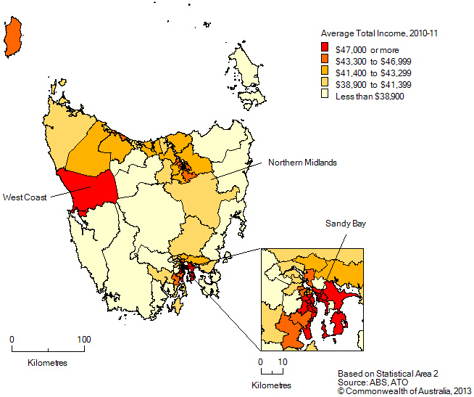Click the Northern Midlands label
point(302,163)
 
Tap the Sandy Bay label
point(345,224)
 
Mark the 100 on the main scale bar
point(84,339)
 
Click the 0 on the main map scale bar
point(12,339)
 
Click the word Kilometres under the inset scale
point(271,385)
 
